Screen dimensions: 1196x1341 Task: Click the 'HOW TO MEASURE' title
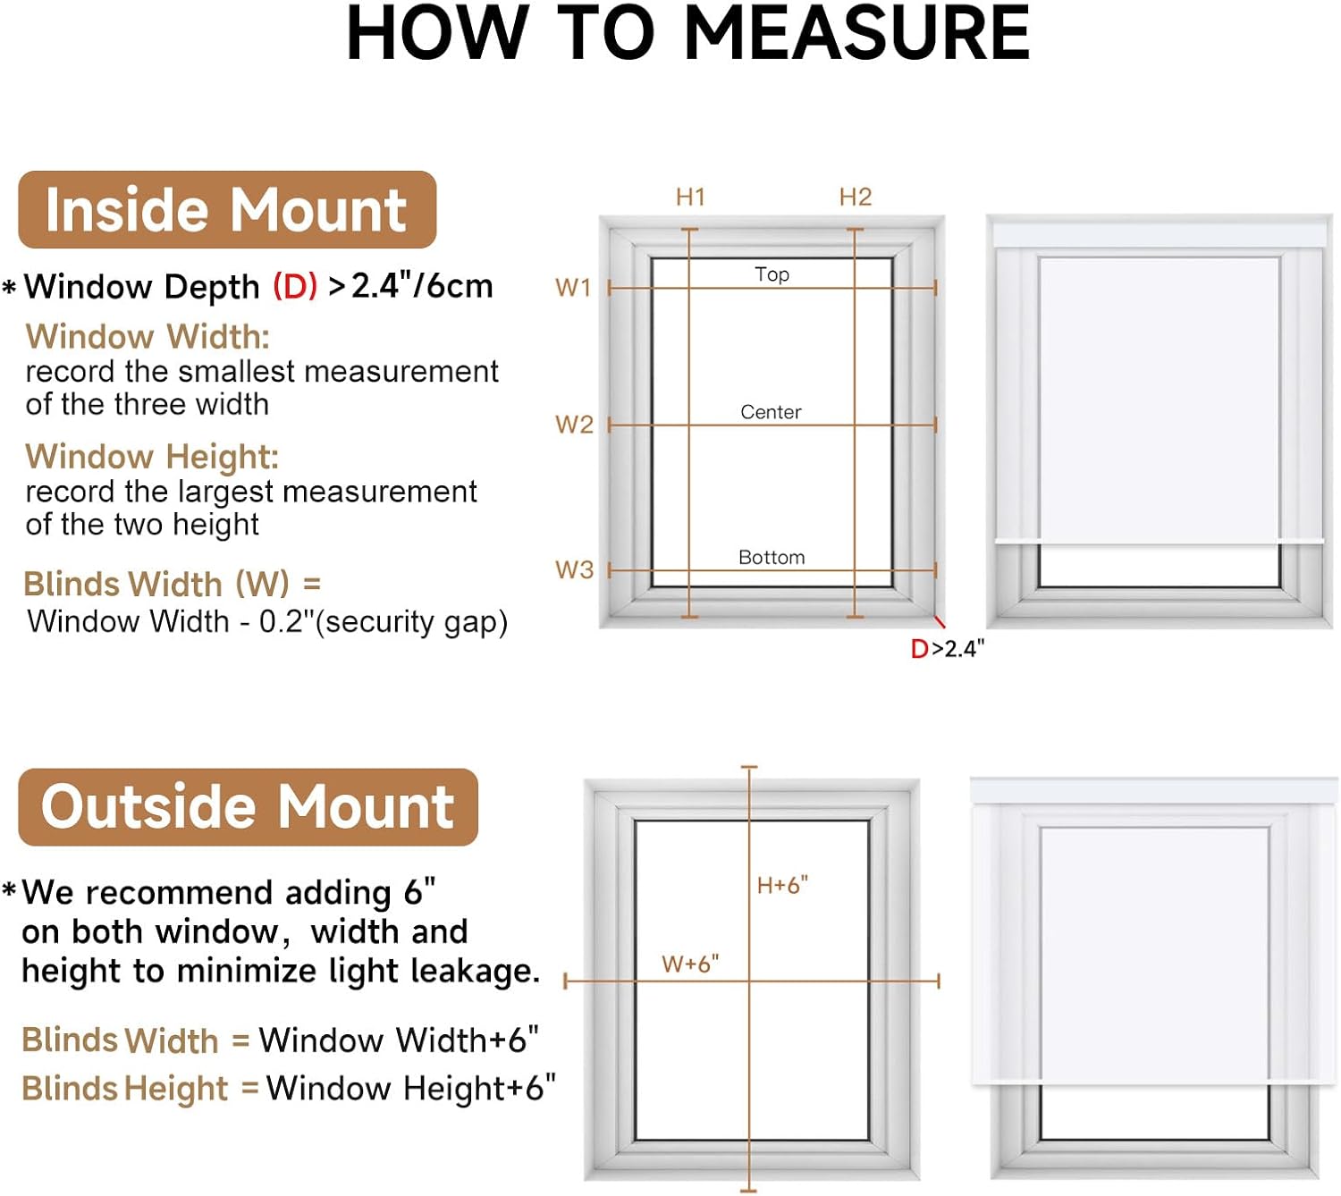pyautogui.click(x=687, y=34)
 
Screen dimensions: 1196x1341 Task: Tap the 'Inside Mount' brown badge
pyautogui.click(x=227, y=210)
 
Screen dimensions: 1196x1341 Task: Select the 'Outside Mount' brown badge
pyautogui.click(x=248, y=806)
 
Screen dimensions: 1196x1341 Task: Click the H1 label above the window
pyautogui.click(x=690, y=197)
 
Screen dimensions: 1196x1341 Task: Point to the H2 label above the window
pyautogui.click(x=855, y=197)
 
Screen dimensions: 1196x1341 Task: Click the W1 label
pyautogui.click(x=573, y=288)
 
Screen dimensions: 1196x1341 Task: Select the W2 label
pyautogui.click(x=574, y=425)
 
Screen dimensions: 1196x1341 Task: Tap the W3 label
pyautogui.click(x=574, y=570)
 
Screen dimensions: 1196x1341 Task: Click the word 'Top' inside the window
pyautogui.click(x=772, y=274)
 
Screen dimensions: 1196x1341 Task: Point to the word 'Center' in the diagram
pyautogui.click(x=771, y=412)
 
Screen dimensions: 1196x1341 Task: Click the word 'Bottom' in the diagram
pyautogui.click(x=772, y=558)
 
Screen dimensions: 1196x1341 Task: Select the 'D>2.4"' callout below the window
pyautogui.click(x=947, y=649)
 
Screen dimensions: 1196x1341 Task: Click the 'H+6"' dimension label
pyautogui.click(x=782, y=885)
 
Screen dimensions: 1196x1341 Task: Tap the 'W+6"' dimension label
pyautogui.click(x=690, y=964)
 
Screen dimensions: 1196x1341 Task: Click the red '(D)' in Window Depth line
pyautogui.click(x=295, y=287)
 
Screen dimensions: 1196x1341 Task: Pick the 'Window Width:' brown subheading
pyautogui.click(x=148, y=337)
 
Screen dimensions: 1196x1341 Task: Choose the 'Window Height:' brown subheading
pyautogui.click(x=152, y=457)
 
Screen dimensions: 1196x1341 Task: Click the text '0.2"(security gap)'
pyautogui.click(x=384, y=621)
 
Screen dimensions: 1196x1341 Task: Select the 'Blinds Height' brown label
pyautogui.click(x=125, y=1089)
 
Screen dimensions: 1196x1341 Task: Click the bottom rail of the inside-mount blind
pyautogui.click(x=1160, y=541)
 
